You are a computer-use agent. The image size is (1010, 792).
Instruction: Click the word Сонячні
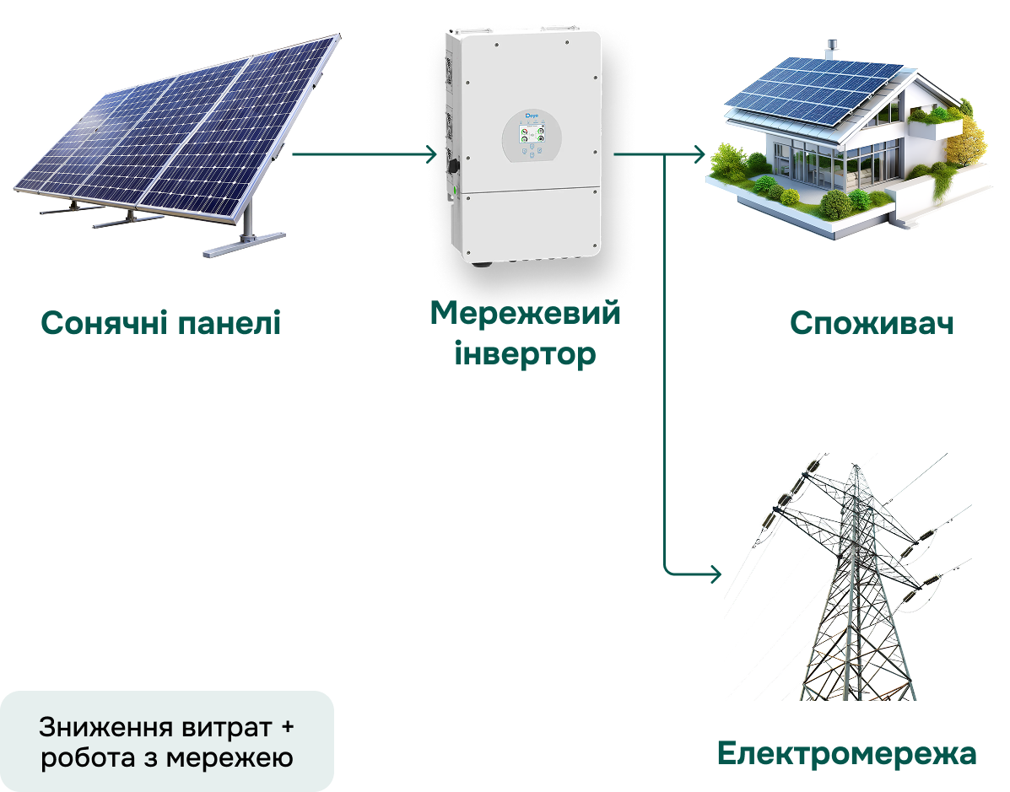click(105, 322)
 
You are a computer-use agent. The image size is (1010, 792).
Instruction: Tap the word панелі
click(230, 322)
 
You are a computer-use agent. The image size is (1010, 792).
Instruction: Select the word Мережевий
click(525, 314)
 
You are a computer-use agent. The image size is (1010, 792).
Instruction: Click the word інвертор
click(525, 353)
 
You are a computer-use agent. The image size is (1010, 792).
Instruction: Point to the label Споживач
click(872, 323)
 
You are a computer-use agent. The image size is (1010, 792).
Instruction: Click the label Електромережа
click(847, 753)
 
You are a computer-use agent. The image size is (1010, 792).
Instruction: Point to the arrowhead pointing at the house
click(699, 154)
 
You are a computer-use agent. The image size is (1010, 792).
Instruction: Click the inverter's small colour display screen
click(532, 134)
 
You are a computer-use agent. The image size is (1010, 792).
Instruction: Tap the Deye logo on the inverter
click(532, 116)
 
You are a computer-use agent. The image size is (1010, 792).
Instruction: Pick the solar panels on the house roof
click(815, 90)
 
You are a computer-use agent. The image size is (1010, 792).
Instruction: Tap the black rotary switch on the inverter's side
click(453, 165)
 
